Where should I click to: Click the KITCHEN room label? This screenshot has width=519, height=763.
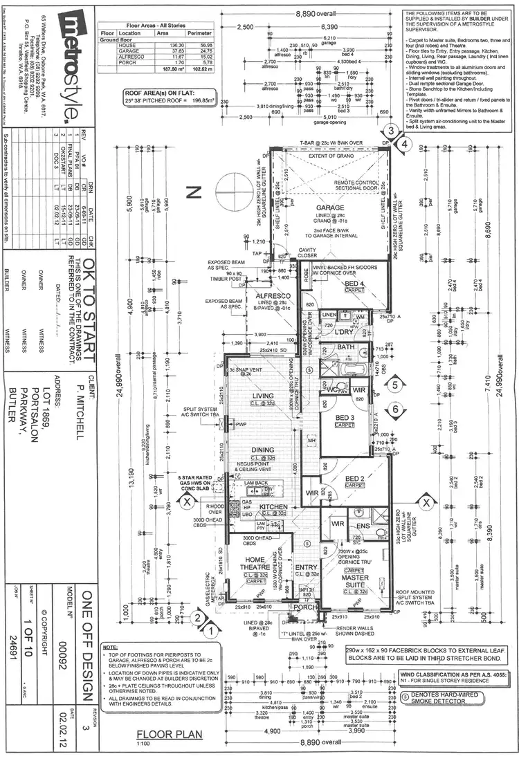[x=273, y=507]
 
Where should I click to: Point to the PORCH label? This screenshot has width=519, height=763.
[x=304, y=607]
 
